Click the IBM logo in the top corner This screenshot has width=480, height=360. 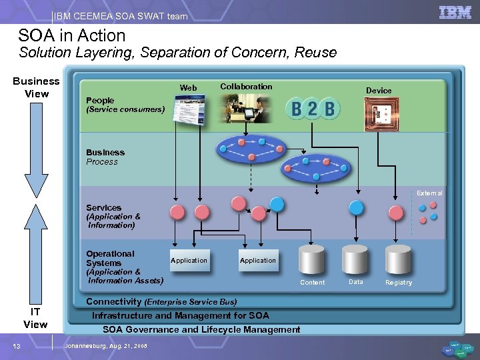(x=455, y=12)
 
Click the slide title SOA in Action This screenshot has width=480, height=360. (x=72, y=35)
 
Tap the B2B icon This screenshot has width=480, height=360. (x=313, y=108)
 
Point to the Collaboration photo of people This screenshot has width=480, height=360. (x=246, y=108)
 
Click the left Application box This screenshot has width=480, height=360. (x=189, y=260)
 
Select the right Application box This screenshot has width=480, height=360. (x=258, y=260)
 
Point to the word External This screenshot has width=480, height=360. (x=429, y=193)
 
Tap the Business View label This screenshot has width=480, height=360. (x=37, y=87)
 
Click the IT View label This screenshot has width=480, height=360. (x=35, y=318)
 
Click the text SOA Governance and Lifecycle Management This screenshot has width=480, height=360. (x=201, y=329)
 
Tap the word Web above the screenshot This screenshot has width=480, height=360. (x=189, y=88)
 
